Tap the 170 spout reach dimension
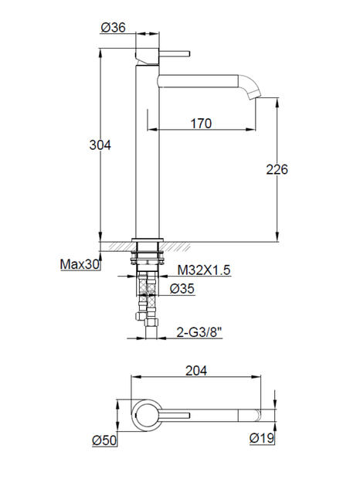[199, 121]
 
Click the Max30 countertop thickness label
[80, 264]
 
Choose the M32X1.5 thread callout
[205, 270]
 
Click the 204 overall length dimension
[197, 370]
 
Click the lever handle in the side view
[175, 54]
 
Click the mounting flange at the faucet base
[148, 239]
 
